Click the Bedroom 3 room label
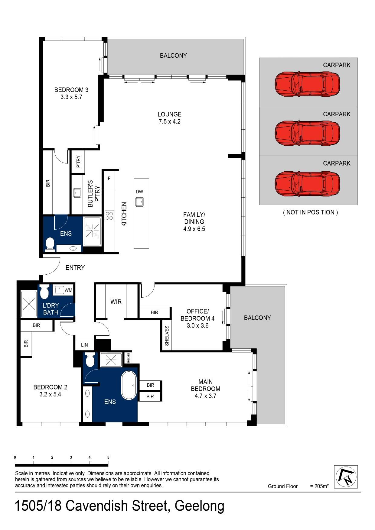coord(71,90)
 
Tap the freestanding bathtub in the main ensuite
coord(129,386)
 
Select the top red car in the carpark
coord(307,84)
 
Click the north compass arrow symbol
coord(346,477)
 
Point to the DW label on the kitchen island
coord(139,192)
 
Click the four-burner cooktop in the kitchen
coord(109,215)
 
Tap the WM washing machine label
coord(68,290)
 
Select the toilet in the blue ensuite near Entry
coord(50,244)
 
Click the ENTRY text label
coord(75,268)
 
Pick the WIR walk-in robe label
coord(116,302)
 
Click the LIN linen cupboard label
coord(84,345)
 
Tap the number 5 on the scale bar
coord(108,457)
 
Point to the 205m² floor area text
coord(319,486)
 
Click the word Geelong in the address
coord(200,506)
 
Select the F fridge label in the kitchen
coord(109,179)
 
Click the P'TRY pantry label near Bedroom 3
coord(78,162)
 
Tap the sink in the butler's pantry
coord(77,193)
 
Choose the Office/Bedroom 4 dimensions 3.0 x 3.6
coord(197,326)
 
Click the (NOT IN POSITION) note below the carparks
coord(310,212)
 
